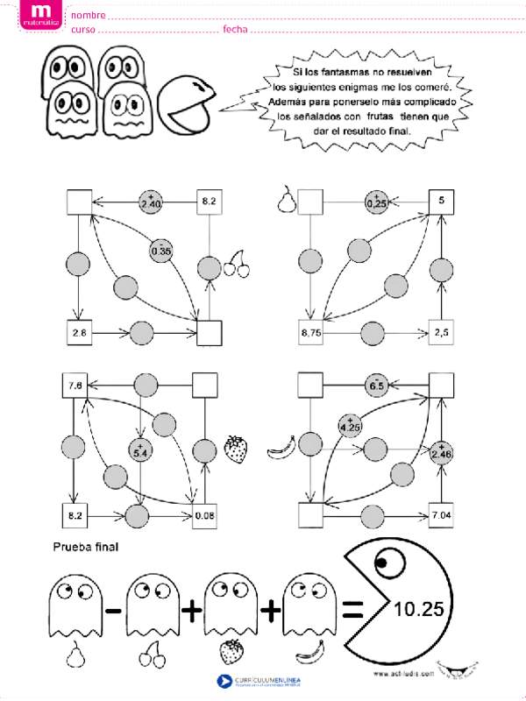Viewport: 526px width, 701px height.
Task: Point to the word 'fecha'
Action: click(x=235, y=29)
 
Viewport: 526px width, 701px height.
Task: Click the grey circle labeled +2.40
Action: click(x=151, y=202)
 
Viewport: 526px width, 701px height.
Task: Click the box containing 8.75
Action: click(x=311, y=333)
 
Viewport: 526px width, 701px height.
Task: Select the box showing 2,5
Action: click(x=442, y=333)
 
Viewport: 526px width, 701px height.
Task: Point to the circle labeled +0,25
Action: click(x=377, y=202)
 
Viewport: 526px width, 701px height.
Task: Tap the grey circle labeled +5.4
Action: click(x=140, y=450)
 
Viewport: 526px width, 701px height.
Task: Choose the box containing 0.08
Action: click(x=205, y=515)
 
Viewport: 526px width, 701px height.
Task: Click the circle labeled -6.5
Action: click(x=377, y=384)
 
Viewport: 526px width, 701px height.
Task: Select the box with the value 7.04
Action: click(x=442, y=515)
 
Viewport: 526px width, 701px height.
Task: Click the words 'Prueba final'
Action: click(x=86, y=548)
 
